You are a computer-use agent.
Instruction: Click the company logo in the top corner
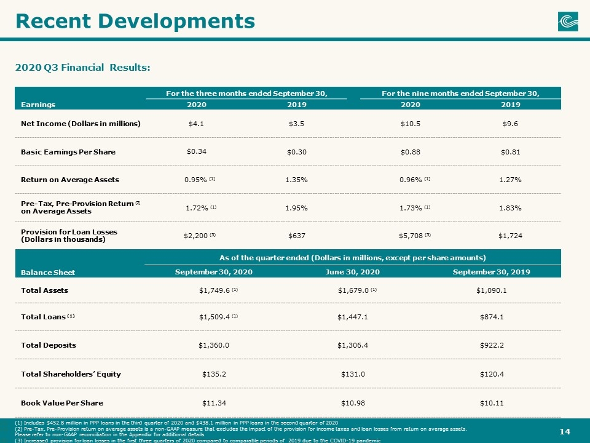click(568, 21)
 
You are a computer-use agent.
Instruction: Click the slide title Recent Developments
click(135, 21)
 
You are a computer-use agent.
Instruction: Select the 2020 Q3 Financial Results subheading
click(83, 68)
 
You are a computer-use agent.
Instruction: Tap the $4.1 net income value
click(196, 124)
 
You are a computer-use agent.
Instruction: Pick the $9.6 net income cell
click(510, 124)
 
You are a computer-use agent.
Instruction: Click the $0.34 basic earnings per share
click(197, 151)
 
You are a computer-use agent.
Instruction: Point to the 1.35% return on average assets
click(296, 180)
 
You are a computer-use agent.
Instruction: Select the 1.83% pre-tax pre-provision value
click(510, 208)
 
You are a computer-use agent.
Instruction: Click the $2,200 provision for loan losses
click(195, 236)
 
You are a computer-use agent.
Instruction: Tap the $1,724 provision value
click(510, 236)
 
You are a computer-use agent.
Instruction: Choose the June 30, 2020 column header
click(353, 272)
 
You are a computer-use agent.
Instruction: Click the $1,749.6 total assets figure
click(214, 290)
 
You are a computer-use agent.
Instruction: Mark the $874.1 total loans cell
click(492, 317)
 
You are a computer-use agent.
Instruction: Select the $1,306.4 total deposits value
click(353, 345)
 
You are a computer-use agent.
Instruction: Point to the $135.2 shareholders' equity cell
click(214, 374)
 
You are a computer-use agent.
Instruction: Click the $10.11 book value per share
click(492, 403)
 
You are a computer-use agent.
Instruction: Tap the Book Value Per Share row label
click(62, 403)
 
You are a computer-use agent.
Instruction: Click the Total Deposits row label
click(49, 345)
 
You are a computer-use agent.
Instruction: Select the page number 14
click(565, 432)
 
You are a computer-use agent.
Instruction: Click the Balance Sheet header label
click(48, 273)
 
